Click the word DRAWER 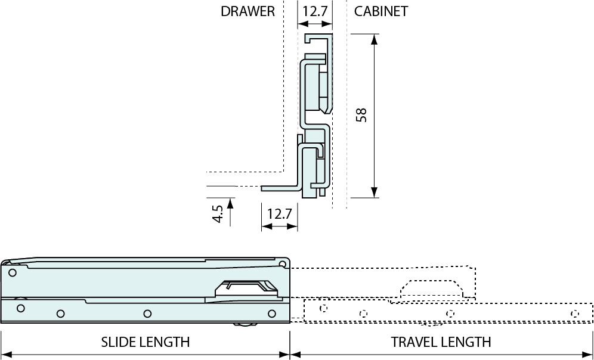(247, 11)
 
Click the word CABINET (381, 11)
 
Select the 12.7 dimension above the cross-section (315, 11)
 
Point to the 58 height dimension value (360, 114)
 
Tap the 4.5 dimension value (218, 213)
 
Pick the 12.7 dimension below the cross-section (279, 213)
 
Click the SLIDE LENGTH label (145, 342)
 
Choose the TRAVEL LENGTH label (441, 342)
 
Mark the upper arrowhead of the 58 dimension (374, 40)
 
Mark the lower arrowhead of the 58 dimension (374, 191)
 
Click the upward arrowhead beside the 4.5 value (231, 203)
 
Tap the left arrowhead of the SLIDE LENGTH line (6, 354)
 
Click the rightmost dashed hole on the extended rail (574, 314)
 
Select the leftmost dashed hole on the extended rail (323, 308)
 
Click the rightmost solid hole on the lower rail (272, 314)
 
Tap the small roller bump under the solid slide (244, 324)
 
